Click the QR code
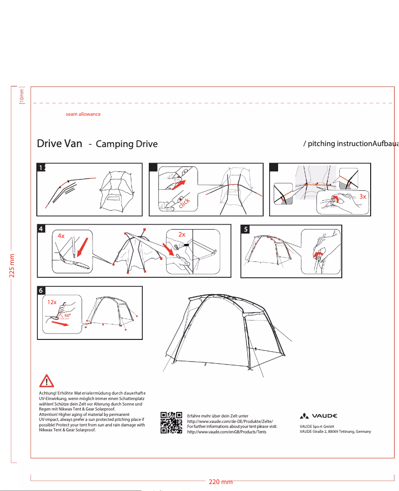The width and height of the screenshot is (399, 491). coord(171,423)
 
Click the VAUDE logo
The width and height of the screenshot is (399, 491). coord(318,416)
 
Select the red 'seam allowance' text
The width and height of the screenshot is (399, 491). coord(83,114)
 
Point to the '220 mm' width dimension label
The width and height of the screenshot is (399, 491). coord(220,482)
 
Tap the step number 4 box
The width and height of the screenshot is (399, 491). coord(42,229)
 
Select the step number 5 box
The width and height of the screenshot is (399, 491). coord(245,229)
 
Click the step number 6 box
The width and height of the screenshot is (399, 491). coord(42,290)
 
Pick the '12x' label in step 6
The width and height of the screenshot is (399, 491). coord(52,302)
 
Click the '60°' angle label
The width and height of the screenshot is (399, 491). coord(67,315)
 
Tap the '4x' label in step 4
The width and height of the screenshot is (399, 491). coord(61,236)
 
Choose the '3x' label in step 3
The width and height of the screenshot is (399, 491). coord(363,196)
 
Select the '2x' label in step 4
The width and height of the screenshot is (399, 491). coord(182,234)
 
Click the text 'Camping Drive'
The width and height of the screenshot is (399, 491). coord(126,145)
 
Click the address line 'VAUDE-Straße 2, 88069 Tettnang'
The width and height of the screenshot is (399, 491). coord(335,431)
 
